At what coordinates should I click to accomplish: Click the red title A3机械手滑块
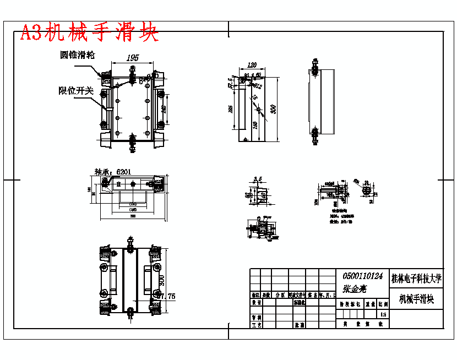point(89,33)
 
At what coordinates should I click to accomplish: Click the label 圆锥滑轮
point(78,55)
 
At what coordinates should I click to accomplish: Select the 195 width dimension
point(132,58)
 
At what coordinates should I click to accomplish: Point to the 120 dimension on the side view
point(253,65)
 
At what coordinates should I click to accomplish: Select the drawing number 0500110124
point(362,276)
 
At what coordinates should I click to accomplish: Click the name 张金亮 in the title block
point(355,288)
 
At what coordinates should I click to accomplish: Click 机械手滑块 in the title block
point(416,300)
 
